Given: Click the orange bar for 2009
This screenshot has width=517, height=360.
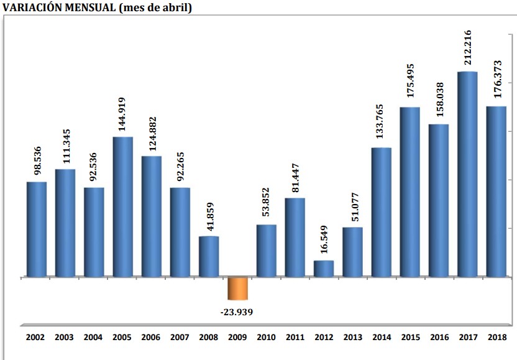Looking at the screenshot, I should click(237, 288).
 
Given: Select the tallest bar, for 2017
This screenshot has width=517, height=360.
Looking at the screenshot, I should click(467, 174).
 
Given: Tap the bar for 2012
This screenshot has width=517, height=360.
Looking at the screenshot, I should click(324, 269).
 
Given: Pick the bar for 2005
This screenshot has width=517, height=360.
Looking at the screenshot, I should click(122, 206).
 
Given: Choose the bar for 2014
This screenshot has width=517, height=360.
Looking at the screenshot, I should click(381, 212).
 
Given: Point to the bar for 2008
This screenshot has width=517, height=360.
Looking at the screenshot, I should click(209, 256).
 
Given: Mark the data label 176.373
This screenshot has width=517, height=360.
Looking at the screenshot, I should click(496, 83).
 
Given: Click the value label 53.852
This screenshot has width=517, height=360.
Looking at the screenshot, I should click(266, 203).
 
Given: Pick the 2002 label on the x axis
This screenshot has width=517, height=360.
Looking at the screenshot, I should click(36, 338).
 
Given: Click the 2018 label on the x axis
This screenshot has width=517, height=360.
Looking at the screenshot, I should click(496, 338).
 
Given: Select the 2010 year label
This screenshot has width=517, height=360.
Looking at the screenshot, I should click(266, 338).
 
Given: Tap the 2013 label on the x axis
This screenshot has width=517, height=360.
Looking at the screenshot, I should click(352, 338).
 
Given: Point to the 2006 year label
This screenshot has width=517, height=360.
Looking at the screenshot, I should click(151, 338).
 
